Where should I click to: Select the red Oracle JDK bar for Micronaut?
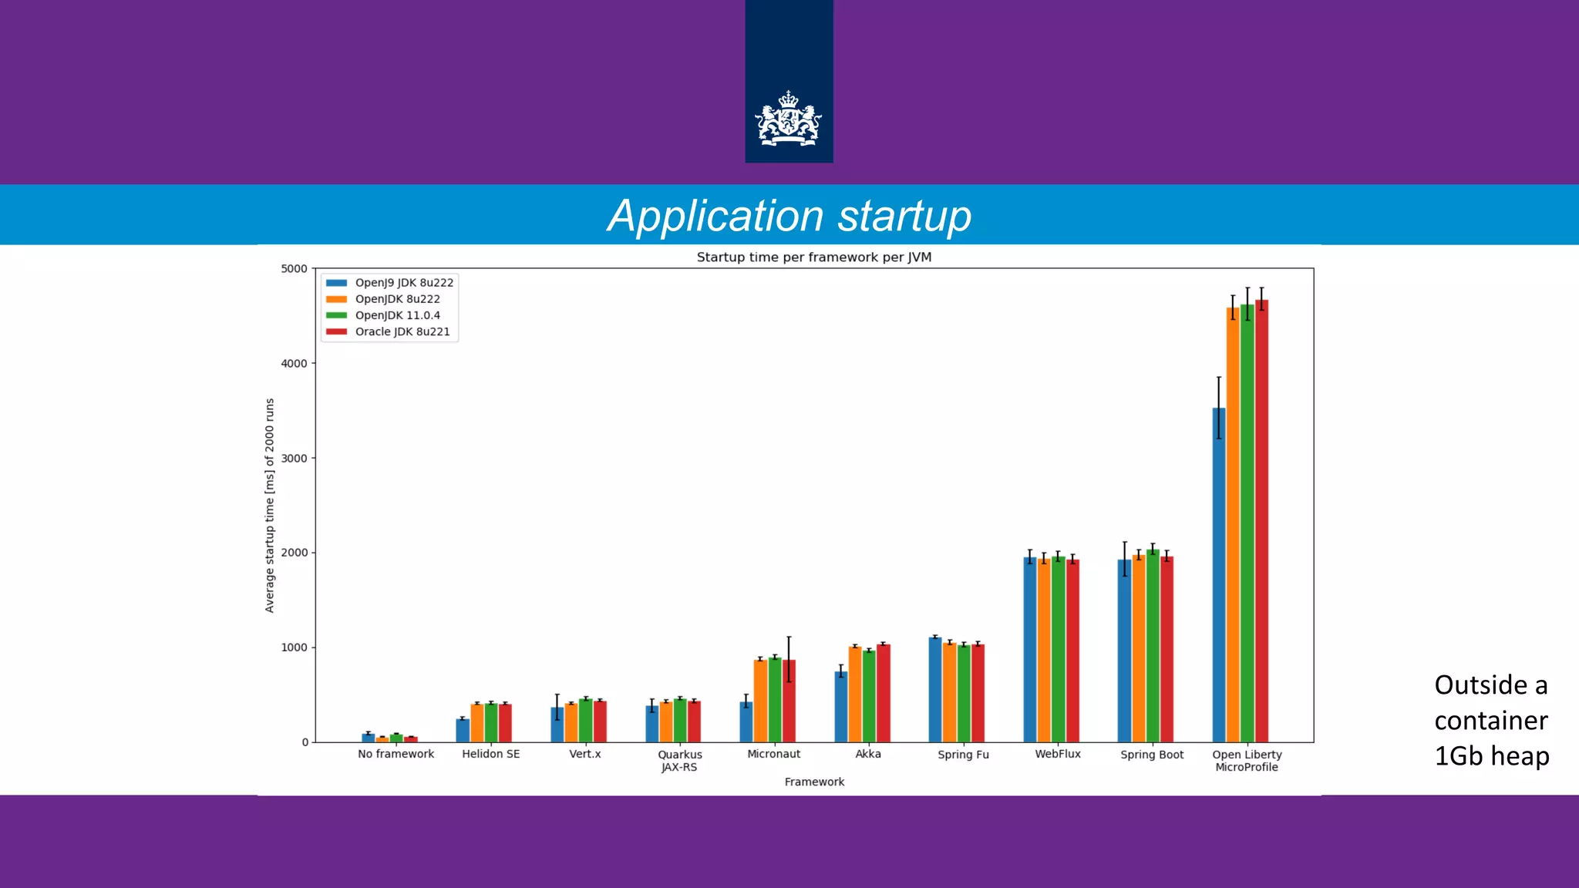789,701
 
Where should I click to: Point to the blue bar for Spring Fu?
935,689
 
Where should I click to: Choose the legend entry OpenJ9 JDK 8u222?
403,283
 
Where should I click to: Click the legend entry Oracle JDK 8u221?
402,332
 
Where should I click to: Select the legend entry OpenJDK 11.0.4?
397,315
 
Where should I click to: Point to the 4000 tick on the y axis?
294,363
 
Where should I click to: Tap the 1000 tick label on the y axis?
294,647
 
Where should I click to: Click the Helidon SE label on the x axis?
490,754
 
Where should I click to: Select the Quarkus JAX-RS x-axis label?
679,761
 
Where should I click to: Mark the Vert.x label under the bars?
584,754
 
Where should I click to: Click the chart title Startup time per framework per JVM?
813,257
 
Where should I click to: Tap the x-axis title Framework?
814,782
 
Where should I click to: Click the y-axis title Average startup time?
270,506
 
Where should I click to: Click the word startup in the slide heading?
904,216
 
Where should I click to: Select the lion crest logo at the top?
788,119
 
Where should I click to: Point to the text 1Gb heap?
1491,755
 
